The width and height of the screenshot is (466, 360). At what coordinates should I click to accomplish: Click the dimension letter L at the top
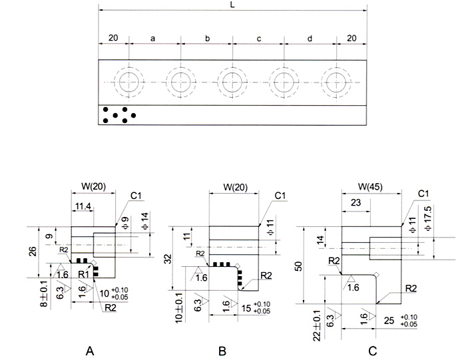click(232, 4)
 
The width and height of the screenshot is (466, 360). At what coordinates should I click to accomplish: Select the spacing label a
click(153, 39)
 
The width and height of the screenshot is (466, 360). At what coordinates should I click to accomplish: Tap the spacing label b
click(207, 39)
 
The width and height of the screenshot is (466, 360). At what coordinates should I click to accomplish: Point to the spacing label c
click(259, 39)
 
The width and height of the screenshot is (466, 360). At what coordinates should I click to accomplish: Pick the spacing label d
click(310, 39)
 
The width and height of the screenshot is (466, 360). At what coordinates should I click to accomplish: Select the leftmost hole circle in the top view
click(127, 82)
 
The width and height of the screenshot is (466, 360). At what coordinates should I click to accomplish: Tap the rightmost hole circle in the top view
click(336, 82)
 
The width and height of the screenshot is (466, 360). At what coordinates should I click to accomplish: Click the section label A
click(89, 349)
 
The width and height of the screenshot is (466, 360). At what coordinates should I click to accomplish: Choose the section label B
click(222, 349)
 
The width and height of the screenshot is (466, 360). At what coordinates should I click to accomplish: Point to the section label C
click(373, 349)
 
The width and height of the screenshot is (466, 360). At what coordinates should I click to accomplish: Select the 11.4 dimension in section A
click(83, 208)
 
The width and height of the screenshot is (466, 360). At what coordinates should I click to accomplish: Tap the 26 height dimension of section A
click(33, 252)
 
